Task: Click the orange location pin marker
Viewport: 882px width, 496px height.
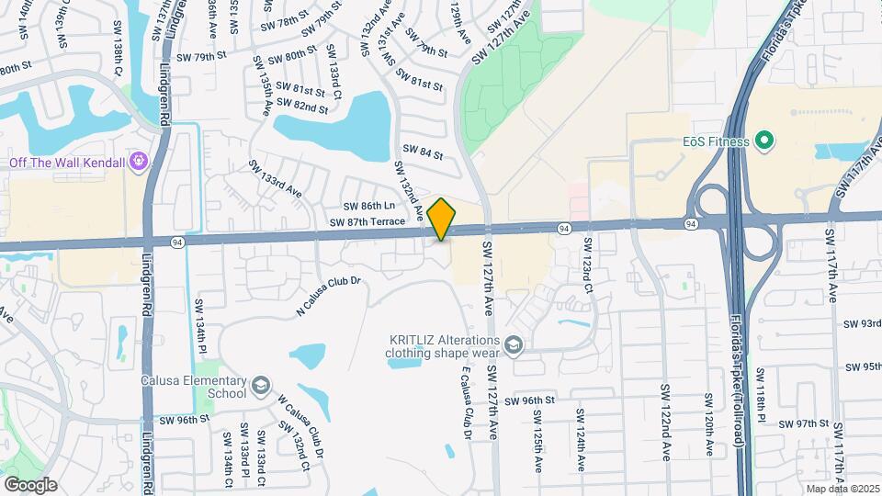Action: click(x=442, y=219)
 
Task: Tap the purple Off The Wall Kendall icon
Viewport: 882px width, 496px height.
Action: click(x=139, y=162)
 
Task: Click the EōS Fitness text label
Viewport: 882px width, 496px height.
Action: click(x=717, y=141)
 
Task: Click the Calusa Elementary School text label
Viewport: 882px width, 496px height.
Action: click(x=194, y=387)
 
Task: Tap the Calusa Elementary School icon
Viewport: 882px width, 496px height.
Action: click(x=262, y=384)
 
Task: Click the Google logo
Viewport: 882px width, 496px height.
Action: click(x=30, y=484)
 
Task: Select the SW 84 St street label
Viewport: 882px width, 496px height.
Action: click(x=423, y=151)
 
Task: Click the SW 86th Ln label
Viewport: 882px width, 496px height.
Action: click(x=368, y=207)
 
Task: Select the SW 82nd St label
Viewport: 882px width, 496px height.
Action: click(x=304, y=107)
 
